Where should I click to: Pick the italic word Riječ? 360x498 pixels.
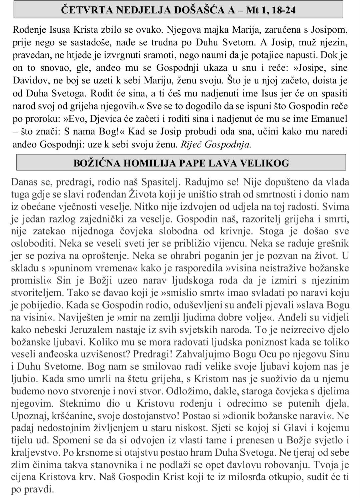click(191, 144)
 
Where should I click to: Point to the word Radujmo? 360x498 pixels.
click(203, 182)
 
